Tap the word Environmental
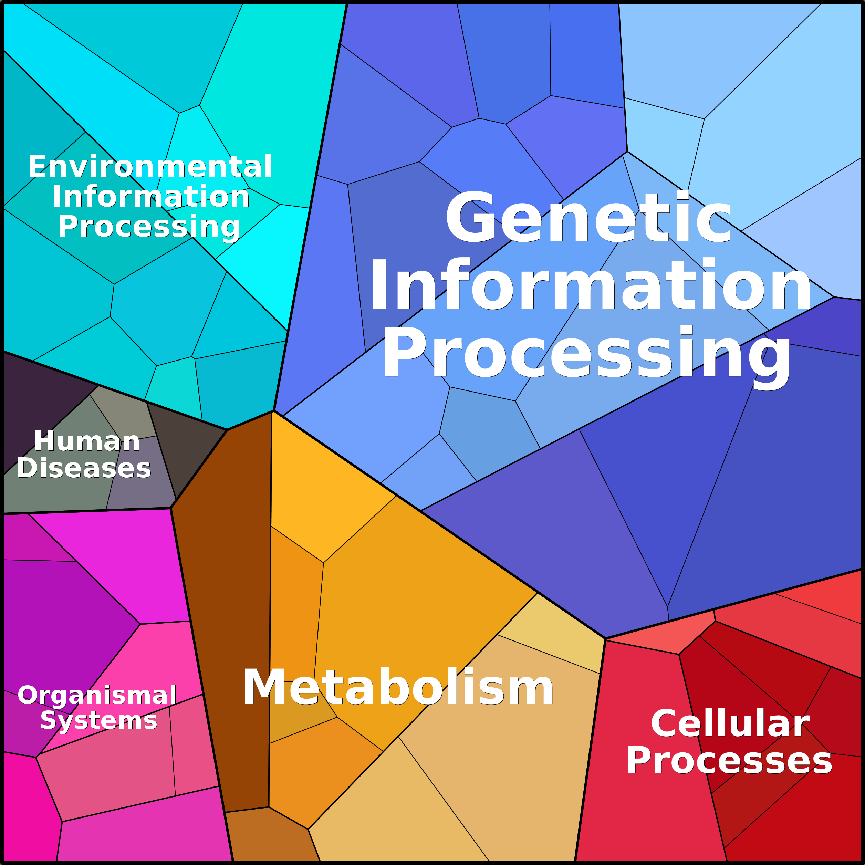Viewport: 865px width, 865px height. pos(150,167)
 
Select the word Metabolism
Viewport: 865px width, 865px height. pos(398,687)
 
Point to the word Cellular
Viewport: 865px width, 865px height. pos(730,724)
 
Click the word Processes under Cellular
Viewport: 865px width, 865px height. pos(729,761)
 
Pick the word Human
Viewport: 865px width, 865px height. pos(87,441)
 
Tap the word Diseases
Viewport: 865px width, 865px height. pos(84,468)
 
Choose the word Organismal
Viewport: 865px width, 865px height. pos(97,695)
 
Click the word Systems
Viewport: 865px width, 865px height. pos(98,720)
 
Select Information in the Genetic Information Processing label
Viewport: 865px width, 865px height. pos(590,285)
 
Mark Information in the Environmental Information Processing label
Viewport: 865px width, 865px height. pos(151,197)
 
